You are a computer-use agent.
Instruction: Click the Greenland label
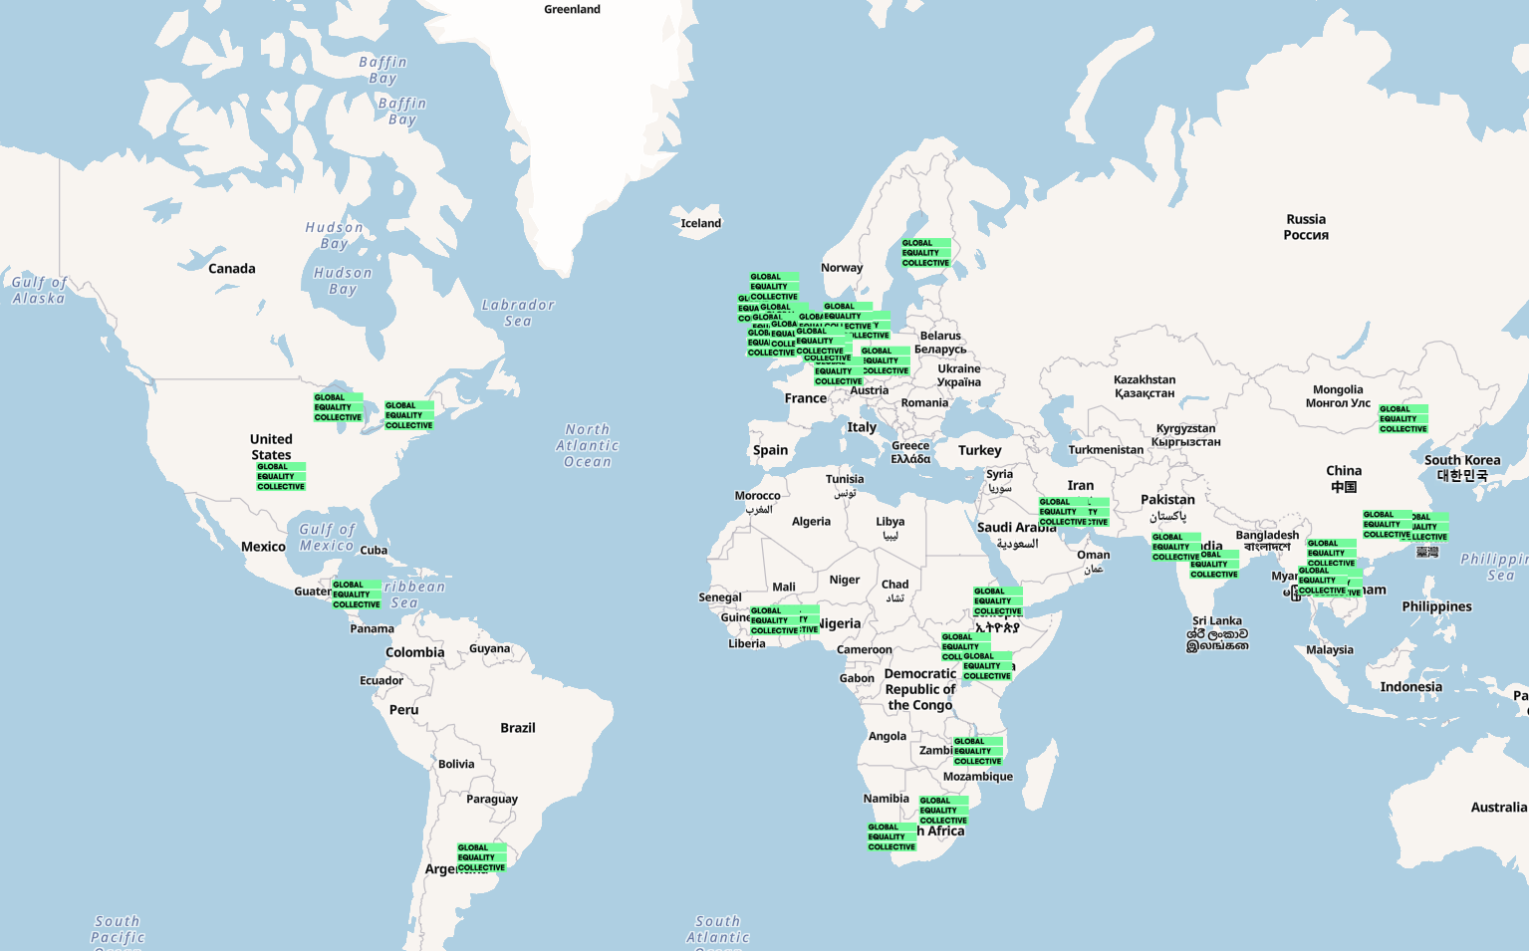(572, 10)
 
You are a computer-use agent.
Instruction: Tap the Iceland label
(700, 223)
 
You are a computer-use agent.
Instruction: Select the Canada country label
(232, 269)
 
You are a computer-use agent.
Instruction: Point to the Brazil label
(518, 728)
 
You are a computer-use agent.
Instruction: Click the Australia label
(1498, 808)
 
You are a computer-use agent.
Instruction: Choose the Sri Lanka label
(1217, 621)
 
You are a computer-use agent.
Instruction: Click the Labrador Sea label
(518, 313)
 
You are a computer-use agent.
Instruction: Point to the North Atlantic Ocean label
(588, 446)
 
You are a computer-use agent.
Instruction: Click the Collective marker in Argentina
(482, 857)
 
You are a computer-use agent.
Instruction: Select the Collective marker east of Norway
(926, 253)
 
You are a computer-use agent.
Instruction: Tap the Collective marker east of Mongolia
(1403, 419)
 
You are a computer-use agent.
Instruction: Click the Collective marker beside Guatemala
(357, 594)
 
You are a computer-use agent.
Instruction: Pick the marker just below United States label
(281, 476)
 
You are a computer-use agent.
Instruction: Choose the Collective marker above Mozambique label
(978, 751)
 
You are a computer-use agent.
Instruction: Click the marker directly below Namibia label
(892, 836)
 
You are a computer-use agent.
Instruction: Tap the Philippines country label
(1436, 606)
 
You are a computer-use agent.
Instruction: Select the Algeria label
(811, 522)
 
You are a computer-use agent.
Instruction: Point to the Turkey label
(979, 451)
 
